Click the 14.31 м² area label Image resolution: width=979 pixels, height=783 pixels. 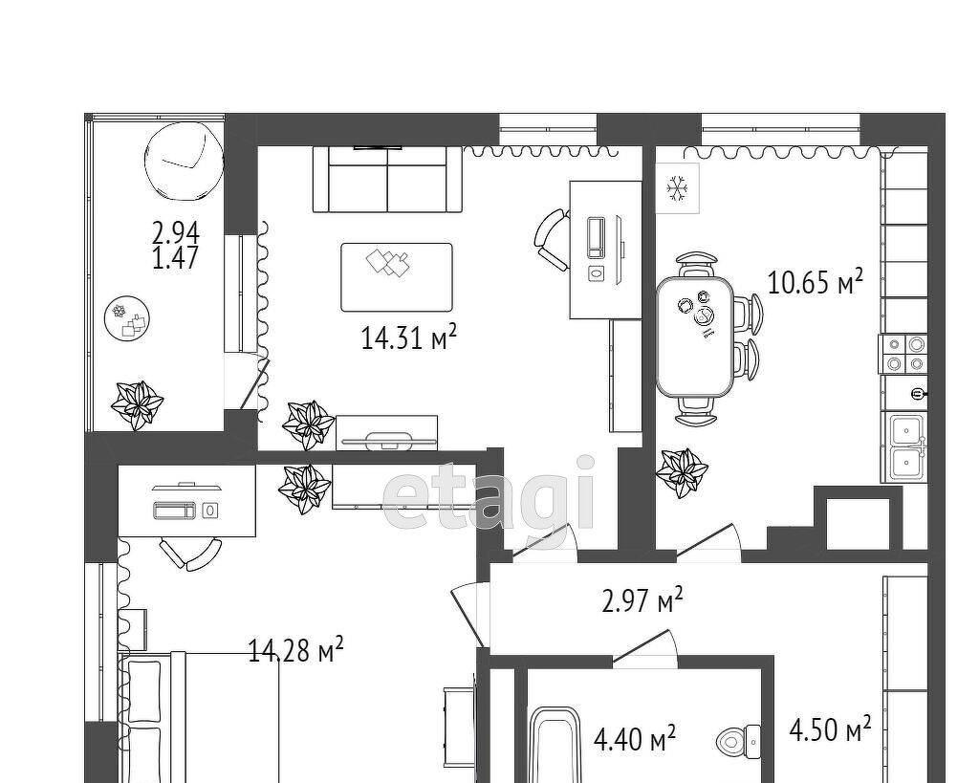(x=409, y=337)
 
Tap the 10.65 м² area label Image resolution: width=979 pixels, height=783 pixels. (x=815, y=282)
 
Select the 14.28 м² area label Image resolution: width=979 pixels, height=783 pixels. (x=296, y=650)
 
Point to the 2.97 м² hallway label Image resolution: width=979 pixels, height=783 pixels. (x=642, y=600)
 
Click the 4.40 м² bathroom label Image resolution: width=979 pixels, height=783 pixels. (x=635, y=739)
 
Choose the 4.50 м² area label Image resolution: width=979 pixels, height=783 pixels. (x=831, y=729)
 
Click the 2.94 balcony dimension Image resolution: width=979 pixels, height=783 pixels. (x=176, y=233)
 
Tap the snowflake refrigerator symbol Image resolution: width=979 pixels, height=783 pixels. (x=676, y=188)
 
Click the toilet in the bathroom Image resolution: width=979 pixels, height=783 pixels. (x=737, y=743)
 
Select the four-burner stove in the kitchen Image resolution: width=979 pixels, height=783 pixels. (x=903, y=354)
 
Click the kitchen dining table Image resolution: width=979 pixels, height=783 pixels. (x=695, y=337)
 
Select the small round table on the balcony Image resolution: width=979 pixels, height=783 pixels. (x=127, y=318)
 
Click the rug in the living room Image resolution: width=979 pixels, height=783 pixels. (x=397, y=277)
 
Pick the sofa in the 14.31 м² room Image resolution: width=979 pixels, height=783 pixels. (x=387, y=179)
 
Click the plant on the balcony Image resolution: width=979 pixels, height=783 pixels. (x=137, y=404)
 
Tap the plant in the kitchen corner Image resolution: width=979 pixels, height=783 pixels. (x=682, y=472)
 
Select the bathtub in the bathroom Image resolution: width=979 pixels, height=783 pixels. (x=555, y=745)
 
